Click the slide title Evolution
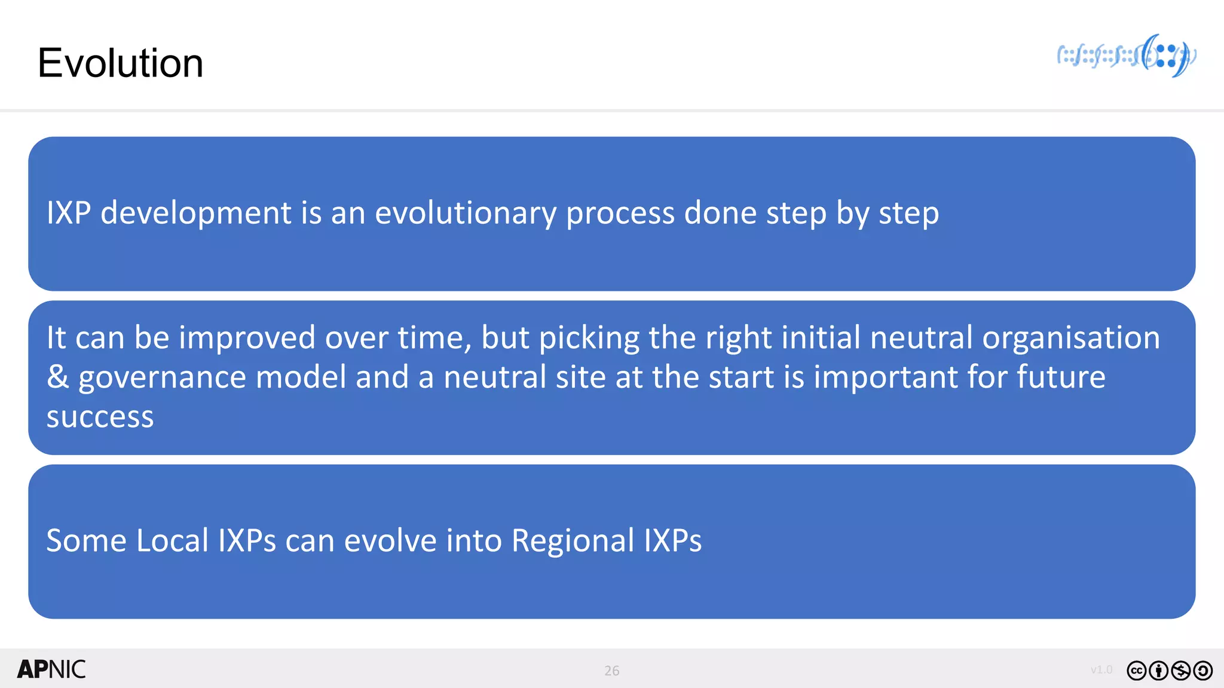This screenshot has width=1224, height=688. pos(120,63)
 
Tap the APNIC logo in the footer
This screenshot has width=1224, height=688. pos(51,669)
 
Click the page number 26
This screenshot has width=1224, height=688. pos(611,671)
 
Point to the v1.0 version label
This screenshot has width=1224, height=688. pos(1101,669)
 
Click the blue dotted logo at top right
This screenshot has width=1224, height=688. pos(1127,56)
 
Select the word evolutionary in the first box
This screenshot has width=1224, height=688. pos(465,213)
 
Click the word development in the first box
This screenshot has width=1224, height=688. pos(195,213)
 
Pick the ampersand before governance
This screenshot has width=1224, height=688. pos(57,377)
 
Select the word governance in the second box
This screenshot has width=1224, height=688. pos(162,378)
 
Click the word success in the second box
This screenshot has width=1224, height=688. pos(100,417)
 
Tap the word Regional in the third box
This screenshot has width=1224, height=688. pos(573,541)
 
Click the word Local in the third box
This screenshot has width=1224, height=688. pos(172,540)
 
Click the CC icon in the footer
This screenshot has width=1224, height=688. pos(1136,671)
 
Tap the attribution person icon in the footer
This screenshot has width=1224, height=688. pos(1158,671)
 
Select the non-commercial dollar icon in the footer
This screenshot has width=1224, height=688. pos(1180,671)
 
